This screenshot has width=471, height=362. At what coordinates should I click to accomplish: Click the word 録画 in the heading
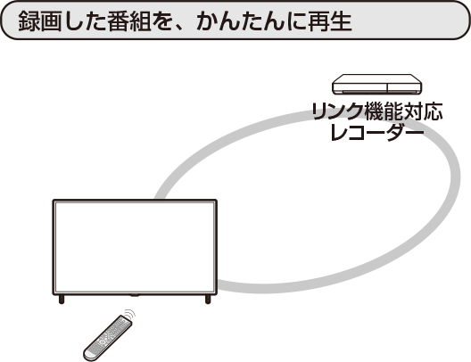coord(40,21)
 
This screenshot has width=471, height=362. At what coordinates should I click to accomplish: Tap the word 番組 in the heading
coord(129,21)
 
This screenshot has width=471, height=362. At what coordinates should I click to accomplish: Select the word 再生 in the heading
coord(330,21)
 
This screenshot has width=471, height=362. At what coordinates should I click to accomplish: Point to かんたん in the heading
coord(240,21)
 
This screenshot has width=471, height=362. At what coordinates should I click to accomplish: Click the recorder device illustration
coord(376,85)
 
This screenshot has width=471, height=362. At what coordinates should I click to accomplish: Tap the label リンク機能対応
coord(376,111)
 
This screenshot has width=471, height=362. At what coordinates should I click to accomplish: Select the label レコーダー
coord(376,132)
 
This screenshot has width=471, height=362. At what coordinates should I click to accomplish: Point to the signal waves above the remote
coord(130,315)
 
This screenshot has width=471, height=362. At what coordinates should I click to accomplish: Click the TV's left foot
coord(62,300)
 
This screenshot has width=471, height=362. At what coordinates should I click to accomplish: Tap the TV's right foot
coord(208,300)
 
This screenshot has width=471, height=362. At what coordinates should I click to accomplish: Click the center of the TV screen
coord(135,247)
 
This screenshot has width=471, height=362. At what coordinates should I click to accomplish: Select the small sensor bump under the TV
coord(135,295)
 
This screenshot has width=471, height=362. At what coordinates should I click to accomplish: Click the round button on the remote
coord(103,341)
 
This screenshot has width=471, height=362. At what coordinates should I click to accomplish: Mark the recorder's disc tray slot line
coord(376,91)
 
